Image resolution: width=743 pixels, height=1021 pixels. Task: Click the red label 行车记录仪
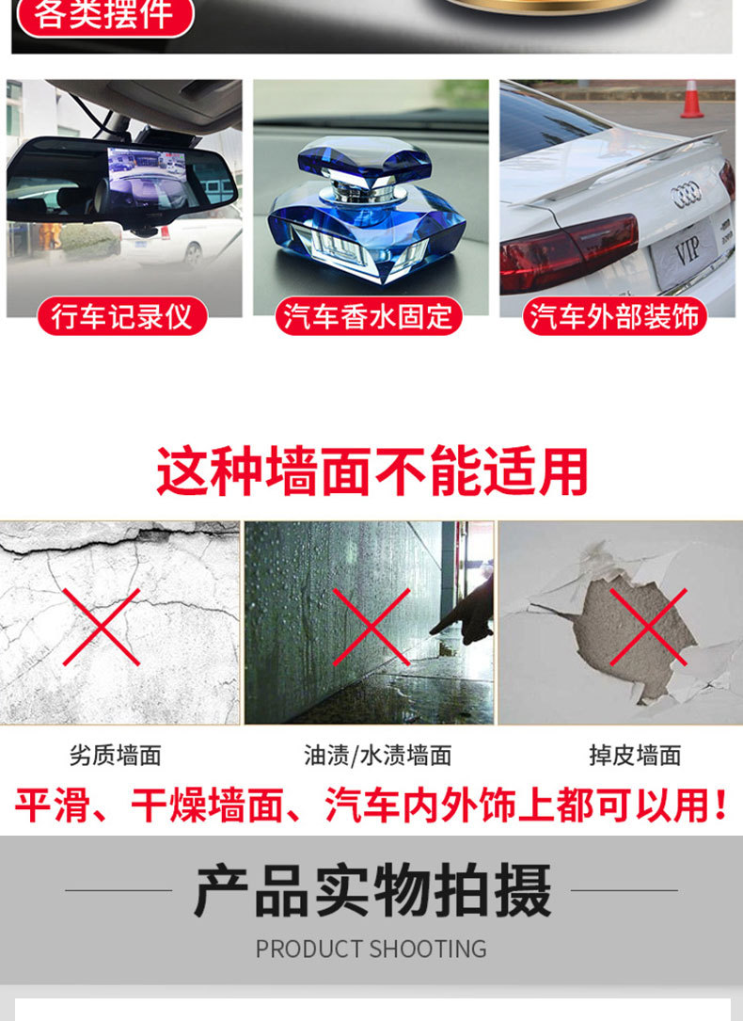point(121,316)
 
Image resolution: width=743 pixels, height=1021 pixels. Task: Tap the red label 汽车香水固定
point(369,316)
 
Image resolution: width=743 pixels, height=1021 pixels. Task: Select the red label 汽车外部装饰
point(615,316)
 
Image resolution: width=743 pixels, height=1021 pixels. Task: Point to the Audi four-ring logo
point(687,195)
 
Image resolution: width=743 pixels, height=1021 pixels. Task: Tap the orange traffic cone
point(692,99)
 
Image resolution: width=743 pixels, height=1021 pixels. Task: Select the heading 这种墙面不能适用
point(372,471)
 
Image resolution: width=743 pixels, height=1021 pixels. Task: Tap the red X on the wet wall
point(371,627)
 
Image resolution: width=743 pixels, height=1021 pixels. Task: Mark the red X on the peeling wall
point(648,627)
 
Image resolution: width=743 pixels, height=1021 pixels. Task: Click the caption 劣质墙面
point(116,755)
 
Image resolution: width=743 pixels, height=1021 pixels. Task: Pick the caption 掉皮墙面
point(635,755)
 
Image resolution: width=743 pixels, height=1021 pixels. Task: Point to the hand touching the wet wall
point(466,612)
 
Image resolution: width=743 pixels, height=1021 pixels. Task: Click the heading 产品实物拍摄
point(372,890)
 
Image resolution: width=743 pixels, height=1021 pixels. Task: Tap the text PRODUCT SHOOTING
point(371,948)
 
